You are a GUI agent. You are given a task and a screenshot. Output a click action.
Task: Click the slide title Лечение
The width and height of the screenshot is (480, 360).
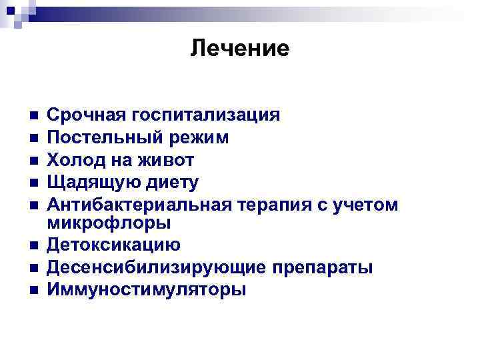coord(239,48)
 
